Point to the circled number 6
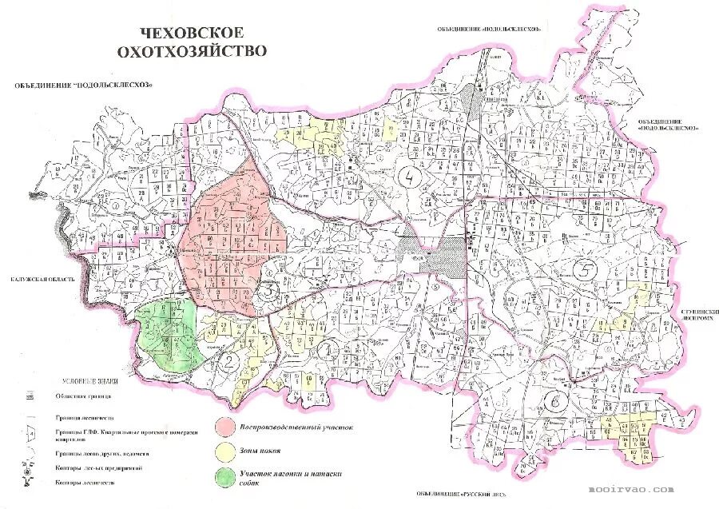[554, 401]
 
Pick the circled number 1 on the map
[328, 348]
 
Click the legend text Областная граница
[87, 396]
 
